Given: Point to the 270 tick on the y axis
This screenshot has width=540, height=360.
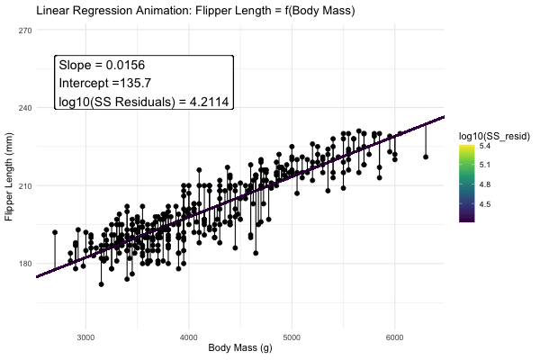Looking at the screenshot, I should pos(25,31).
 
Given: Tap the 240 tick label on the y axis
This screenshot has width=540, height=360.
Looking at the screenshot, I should pos(25,108).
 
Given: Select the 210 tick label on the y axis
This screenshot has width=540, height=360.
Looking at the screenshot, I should pos(25,186).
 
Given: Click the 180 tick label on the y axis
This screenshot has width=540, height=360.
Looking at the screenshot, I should pos(25,264).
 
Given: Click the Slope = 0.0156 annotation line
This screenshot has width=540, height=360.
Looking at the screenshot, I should pos(102,66).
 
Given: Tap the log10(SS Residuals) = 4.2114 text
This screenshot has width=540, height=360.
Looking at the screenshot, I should pos(144,101).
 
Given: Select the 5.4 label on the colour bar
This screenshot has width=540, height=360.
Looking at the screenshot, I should pos(484,146).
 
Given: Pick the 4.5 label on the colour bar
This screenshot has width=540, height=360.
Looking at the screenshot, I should pos(484,204).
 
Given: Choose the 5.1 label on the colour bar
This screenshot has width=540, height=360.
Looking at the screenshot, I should pos(484,166).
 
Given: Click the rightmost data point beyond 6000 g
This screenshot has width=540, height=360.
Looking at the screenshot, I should pos(426,157).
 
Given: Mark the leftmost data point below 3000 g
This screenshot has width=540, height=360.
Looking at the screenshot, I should pos(55,232).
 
